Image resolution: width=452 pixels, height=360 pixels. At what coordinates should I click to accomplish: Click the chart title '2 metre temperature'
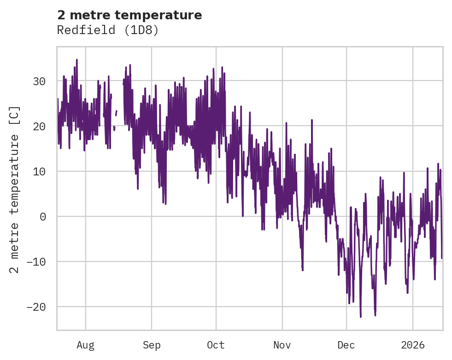point(129,15)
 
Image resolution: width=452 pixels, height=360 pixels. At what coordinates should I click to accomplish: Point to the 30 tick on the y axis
point(40,81)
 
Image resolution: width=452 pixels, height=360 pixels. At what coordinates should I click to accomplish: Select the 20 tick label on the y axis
point(40,126)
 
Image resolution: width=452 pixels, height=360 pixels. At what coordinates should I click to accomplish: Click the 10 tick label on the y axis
point(40,171)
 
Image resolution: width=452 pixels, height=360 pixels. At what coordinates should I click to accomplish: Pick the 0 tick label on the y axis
point(43,216)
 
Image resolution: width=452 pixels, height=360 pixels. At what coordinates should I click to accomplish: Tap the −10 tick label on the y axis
point(36,261)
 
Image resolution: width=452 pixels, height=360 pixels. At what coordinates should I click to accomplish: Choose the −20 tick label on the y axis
point(36,307)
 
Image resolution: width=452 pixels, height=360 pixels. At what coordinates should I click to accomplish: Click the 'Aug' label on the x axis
point(85,345)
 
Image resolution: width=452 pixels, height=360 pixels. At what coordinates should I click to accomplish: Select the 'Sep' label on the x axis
point(151,345)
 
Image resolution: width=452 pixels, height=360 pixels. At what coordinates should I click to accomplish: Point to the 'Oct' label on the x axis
point(216,345)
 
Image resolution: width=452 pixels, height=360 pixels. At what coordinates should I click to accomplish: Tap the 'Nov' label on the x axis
point(282,345)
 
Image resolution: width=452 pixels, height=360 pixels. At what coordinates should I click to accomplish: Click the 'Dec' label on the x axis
point(346,345)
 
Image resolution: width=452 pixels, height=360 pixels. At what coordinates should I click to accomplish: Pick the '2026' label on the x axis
point(413,345)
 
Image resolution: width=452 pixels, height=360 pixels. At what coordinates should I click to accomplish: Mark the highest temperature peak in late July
point(77,60)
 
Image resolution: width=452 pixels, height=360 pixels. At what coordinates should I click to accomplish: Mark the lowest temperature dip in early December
point(361,317)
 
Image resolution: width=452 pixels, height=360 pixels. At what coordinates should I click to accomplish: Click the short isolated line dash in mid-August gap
point(116,113)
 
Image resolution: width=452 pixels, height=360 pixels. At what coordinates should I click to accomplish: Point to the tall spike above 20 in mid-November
point(312,120)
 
